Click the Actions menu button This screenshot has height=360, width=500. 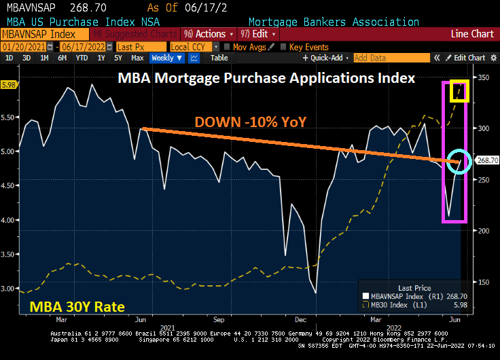[209, 34]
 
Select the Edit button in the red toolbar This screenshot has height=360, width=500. [259, 34]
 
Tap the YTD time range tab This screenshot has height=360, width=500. [81, 58]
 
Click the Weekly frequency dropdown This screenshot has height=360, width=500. [166, 58]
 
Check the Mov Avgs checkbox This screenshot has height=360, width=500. [228, 47]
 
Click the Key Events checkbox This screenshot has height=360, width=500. [284, 47]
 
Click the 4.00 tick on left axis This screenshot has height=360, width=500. [9, 220]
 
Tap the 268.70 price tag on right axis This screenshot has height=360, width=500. [486, 160]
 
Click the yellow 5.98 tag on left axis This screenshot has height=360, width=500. [9, 85]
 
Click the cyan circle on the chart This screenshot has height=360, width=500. [459, 161]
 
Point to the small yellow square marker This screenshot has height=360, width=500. [459, 91]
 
